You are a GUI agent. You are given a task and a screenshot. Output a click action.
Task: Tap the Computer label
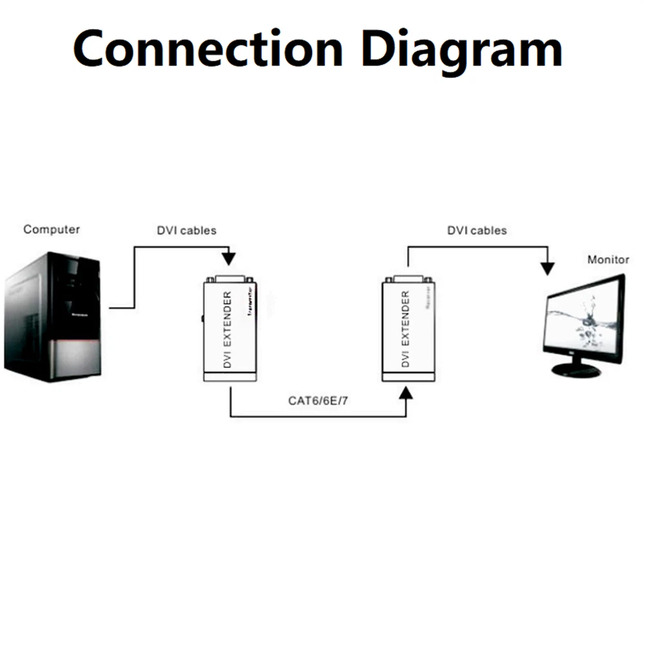click(x=52, y=229)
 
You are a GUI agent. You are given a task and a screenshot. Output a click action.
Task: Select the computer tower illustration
click(x=53, y=316)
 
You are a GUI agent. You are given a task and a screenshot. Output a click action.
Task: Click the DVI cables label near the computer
click(x=186, y=230)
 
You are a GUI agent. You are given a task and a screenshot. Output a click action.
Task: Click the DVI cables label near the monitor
click(x=477, y=230)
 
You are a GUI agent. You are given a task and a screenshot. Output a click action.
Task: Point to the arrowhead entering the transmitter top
click(x=229, y=259)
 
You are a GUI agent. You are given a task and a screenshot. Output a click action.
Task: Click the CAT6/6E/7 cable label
click(x=319, y=401)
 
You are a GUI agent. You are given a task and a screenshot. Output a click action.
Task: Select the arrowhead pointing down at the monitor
click(x=548, y=268)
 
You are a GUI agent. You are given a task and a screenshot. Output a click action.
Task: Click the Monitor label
click(x=608, y=260)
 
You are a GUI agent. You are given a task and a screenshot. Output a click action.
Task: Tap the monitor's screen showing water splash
click(x=583, y=319)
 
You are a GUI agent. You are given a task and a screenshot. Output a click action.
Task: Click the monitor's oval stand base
click(x=577, y=370)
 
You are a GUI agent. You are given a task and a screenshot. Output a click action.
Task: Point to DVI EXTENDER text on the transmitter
click(x=226, y=330)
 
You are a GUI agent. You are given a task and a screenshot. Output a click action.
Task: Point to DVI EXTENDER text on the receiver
click(x=405, y=330)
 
